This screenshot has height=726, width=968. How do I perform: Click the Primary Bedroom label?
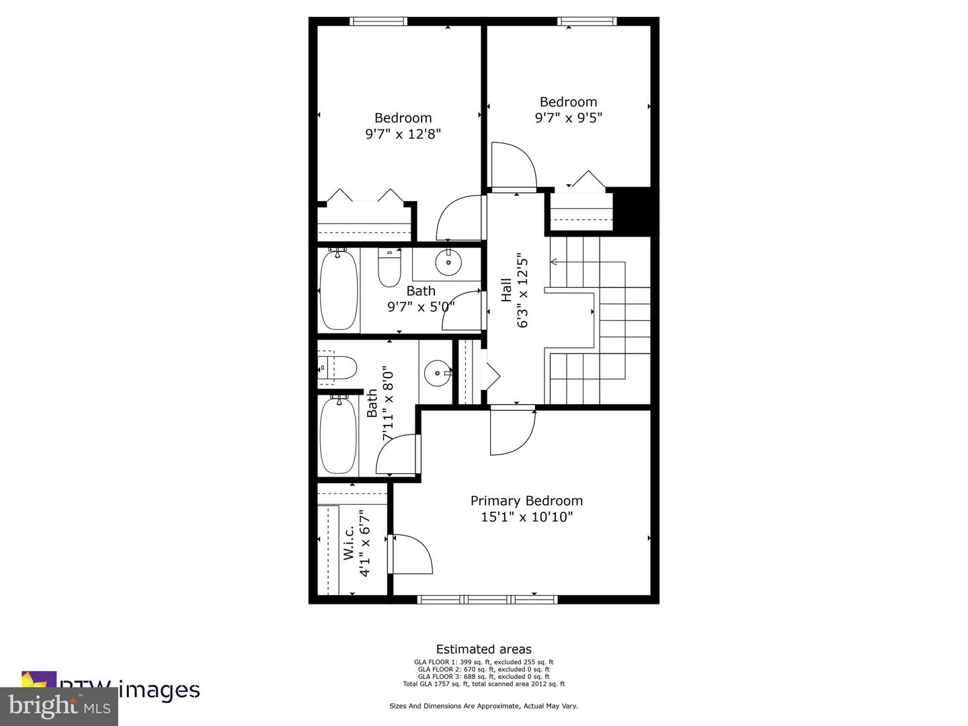[526, 501]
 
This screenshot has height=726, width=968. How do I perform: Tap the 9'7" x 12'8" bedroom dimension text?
[403, 134]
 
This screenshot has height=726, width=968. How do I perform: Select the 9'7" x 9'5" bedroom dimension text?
[568, 118]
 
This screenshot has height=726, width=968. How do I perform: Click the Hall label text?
[506, 290]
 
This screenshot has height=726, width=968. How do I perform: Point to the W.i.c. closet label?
[349, 542]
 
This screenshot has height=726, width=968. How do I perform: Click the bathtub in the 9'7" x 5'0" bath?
[339, 290]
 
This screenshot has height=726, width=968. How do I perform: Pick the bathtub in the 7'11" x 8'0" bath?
[337, 436]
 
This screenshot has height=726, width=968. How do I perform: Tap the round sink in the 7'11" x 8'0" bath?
[437, 372]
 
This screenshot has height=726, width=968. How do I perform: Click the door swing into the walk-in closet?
[410, 553]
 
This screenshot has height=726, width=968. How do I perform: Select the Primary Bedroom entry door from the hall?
[512, 430]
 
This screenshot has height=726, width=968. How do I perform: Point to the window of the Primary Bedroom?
[487, 599]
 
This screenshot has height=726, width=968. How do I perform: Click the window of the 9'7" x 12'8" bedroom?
[378, 22]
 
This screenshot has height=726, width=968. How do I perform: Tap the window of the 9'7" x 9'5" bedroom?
[587, 22]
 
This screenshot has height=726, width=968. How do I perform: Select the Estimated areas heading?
[483, 649]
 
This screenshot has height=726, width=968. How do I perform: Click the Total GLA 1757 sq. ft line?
[483, 684]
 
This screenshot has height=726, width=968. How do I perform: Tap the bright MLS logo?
[59, 707]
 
